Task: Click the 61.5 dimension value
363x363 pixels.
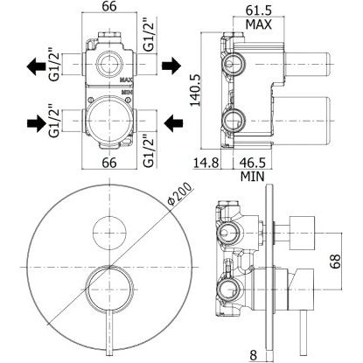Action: [x=259, y=10]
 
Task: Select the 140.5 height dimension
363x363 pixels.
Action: [x=196, y=90]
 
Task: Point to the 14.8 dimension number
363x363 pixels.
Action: [x=206, y=163]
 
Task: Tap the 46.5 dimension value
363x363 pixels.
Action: [x=253, y=163]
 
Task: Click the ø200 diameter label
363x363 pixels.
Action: [x=180, y=193]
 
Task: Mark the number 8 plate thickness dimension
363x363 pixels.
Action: [x=253, y=355]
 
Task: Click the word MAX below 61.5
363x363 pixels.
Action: [x=259, y=24]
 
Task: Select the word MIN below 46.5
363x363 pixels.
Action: [x=253, y=177]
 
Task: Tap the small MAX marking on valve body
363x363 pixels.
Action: [x=127, y=80]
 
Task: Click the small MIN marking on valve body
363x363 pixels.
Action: [x=127, y=92]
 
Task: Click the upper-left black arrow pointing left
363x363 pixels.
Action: [x=36, y=66]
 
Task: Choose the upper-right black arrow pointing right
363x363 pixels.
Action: [x=171, y=66]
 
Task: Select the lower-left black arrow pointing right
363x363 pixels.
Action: [x=37, y=123]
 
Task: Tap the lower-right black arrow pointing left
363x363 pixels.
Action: [x=173, y=123]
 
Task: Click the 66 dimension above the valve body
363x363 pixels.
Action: [x=109, y=6]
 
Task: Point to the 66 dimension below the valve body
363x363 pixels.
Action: [x=109, y=163]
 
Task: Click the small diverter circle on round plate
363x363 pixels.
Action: [x=109, y=234]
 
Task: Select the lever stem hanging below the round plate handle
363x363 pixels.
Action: [x=109, y=333]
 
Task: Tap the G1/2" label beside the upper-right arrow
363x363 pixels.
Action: [x=149, y=35]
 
